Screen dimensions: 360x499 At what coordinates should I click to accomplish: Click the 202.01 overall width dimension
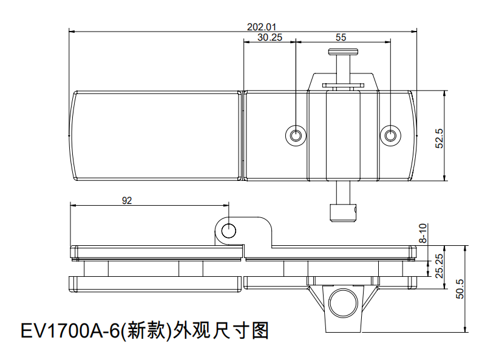(262, 27)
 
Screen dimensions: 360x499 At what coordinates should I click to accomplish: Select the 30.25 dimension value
(270, 37)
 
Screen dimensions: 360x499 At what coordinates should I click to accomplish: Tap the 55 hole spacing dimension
(341, 37)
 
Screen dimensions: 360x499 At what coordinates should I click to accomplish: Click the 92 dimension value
(127, 200)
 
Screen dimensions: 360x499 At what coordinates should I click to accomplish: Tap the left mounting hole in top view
(296, 135)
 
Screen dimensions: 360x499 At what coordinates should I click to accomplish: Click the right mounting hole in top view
(390, 135)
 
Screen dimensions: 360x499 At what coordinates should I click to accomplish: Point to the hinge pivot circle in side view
(229, 230)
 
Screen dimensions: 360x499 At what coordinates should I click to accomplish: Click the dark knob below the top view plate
(343, 213)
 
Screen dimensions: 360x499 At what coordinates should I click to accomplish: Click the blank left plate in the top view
(156, 135)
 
